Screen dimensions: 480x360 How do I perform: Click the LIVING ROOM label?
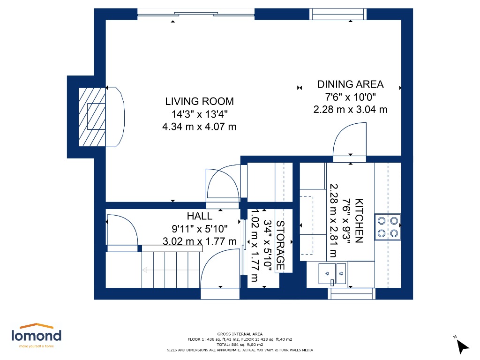[199, 101]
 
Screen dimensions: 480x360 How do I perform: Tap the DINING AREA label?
[350, 84]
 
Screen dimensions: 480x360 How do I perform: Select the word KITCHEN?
[359, 221]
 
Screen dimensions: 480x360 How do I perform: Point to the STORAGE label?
[280, 245]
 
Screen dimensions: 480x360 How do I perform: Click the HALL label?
[200, 216]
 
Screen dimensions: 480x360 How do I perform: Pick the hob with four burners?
[388, 227]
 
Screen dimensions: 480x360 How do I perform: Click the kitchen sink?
[332, 274]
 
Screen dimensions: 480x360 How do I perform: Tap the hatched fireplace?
[92, 117]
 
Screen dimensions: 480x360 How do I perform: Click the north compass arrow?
[462, 346]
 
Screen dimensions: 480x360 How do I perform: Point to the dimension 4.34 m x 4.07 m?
[199, 127]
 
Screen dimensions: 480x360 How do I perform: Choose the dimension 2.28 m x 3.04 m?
[350, 109]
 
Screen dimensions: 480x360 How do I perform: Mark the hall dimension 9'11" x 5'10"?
[200, 229]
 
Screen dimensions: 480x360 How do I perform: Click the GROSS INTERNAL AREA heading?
[240, 334]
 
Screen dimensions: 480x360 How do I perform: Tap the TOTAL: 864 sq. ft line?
[240, 345]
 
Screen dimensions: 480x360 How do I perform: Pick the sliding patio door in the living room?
[196, 14]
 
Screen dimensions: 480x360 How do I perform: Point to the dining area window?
[338, 14]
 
